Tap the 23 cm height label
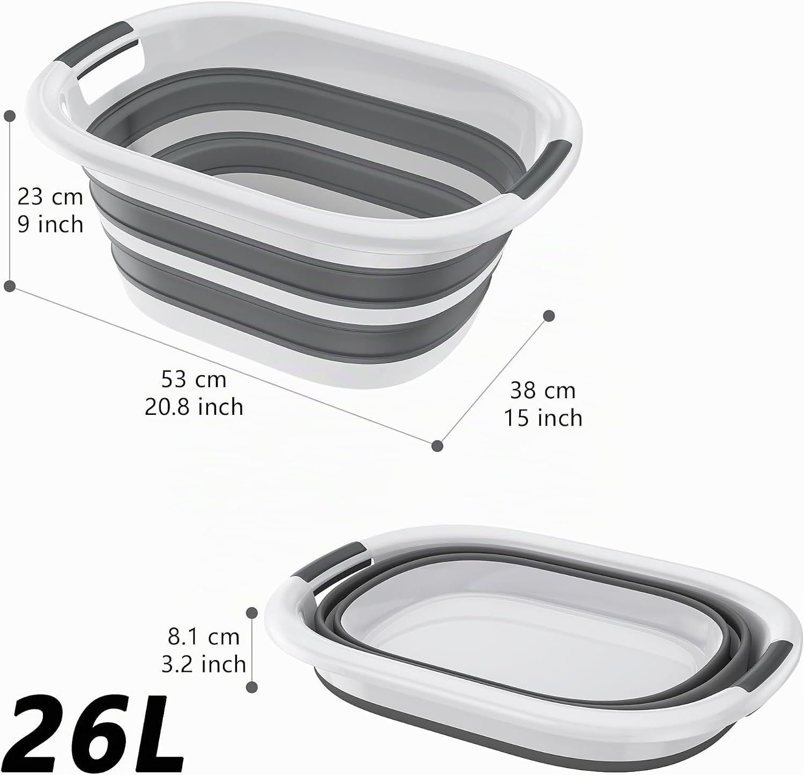tap(50, 197)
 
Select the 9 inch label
tap(50, 224)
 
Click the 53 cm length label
tap(193, 379)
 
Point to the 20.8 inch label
tap(193, 407)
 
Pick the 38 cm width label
tap(542, 390)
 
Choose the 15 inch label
tap(542, 418)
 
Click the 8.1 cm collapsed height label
tap(204, 637)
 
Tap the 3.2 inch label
tap(204, 665)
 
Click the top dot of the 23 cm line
tap(10, 115)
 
